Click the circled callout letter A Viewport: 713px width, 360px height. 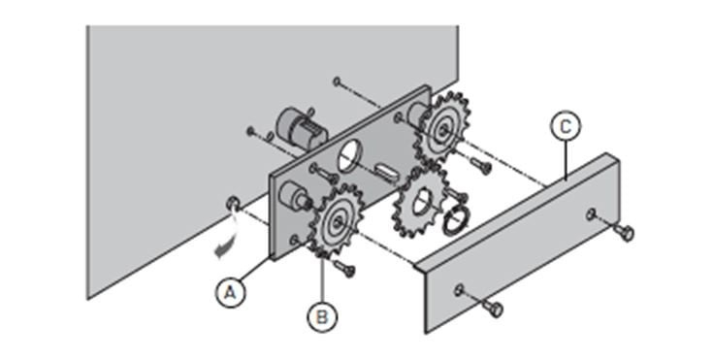[231, 293]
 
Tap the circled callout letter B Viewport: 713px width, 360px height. [322, 316]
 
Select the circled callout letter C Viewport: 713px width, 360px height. [566, 126]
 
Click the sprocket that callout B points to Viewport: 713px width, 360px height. [337, 221]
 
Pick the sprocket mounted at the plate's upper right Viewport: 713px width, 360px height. [442, 128]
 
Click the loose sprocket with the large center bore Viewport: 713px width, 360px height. [419, 203]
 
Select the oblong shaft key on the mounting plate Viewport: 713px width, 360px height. [387, 174]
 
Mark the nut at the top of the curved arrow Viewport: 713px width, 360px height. [232, 203]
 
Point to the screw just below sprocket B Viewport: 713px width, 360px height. [343, 268]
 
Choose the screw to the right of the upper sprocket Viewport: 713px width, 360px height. [480, 165]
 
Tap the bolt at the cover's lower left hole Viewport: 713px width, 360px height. [491, 307]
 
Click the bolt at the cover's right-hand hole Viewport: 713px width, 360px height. [623, 232]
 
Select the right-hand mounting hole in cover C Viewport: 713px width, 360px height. [591, 213]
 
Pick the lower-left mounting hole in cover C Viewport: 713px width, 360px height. [459, 289]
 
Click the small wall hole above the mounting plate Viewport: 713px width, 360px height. [337, 82]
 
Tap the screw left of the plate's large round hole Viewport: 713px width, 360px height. [322, 174]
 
